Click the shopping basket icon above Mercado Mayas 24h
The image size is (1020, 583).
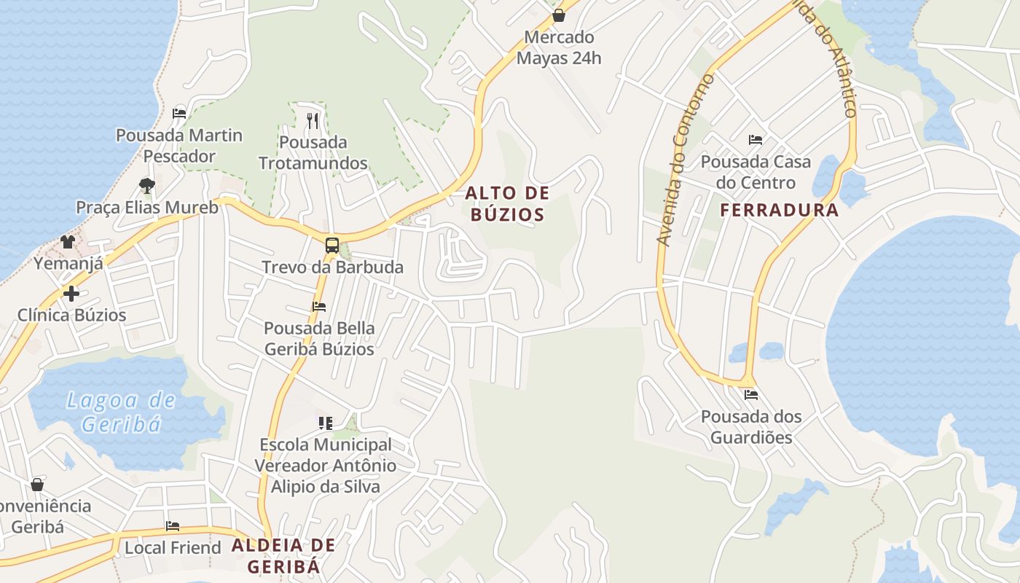[x=559, y=15]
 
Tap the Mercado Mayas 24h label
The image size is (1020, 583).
[x=559, y=47]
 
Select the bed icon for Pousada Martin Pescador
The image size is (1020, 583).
[x=179, y=113]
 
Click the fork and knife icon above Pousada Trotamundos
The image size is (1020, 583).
[x=313, y=120]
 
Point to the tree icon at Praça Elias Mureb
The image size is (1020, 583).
[x=147, y=185]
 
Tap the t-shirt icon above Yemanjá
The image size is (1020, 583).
[x=68, y=241]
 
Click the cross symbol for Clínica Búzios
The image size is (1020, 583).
[x=71, y=293]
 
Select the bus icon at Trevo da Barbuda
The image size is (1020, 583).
[x=332, y=245]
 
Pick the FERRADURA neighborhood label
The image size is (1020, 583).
[x=780, y=211]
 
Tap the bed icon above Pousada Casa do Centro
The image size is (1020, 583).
[x=756, y=139]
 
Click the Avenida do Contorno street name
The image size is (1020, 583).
[x=685, y=160]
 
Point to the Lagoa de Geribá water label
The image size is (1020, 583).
[x=121, y=412]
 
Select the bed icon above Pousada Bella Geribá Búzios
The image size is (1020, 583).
[x=319, y=307]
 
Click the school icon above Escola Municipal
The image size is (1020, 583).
[x=326, y=423]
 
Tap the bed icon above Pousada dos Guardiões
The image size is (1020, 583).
[x=751, y=395]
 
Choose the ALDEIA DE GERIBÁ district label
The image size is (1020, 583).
[x=283, y=555]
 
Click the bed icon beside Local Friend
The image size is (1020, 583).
[x=173, y=525]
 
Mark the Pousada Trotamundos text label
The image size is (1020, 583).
[x=313, y=152]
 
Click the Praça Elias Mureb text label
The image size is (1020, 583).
[x=147, y=208]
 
